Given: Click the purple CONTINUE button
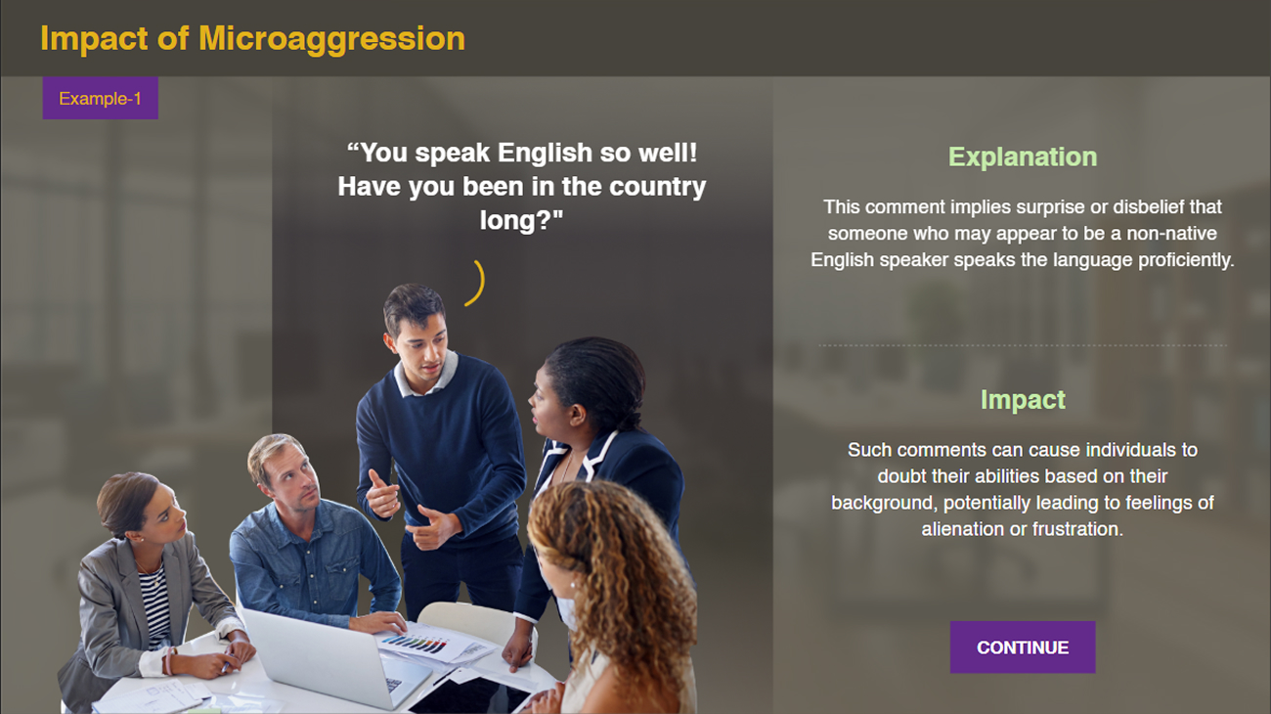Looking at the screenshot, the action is coord(1023,647).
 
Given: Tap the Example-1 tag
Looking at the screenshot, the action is coord(100,98).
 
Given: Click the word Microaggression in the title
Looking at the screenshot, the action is coord(331,38).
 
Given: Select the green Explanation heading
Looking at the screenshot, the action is coord(1023,157).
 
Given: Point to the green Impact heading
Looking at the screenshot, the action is coord(1023,400).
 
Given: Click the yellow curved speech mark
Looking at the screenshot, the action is coord(477,284).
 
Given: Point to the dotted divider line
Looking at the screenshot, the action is coord(1023,345).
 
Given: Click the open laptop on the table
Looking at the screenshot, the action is coord(336,658).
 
